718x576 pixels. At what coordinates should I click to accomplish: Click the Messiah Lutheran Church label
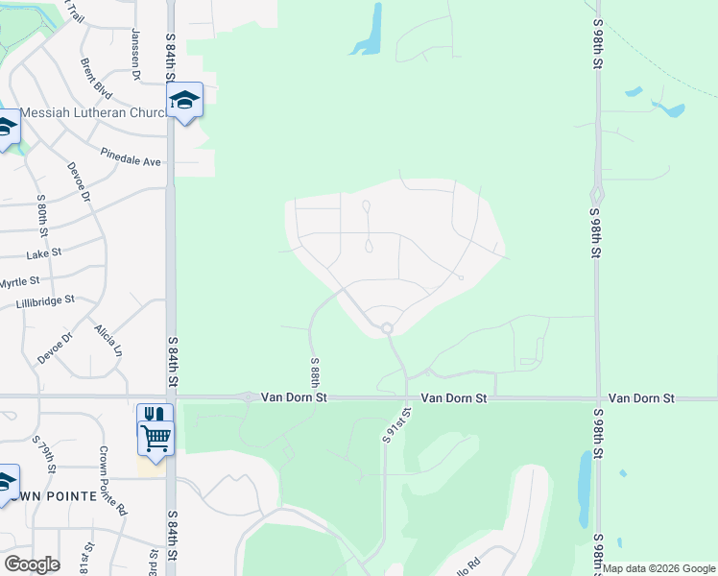tap(93, 112)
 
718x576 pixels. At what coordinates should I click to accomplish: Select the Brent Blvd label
tap(96, 80)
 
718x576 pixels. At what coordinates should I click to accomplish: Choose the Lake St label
tap(44, 253)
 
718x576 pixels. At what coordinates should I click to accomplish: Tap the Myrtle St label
tap(19, 282)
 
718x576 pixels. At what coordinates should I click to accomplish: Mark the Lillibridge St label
tap(45, 301)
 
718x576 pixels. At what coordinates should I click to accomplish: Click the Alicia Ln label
tap(108, 340)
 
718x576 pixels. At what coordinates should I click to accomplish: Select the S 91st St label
tap(396, 423)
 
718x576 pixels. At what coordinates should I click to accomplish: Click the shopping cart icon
tap(156, 437)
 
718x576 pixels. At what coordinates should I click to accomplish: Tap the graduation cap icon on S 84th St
tap(185, 99)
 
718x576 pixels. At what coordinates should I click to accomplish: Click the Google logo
tap(31, 564)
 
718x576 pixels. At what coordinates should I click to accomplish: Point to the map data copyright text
tap(658, 568)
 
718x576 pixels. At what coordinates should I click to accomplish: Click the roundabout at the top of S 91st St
tap(387, 328)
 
